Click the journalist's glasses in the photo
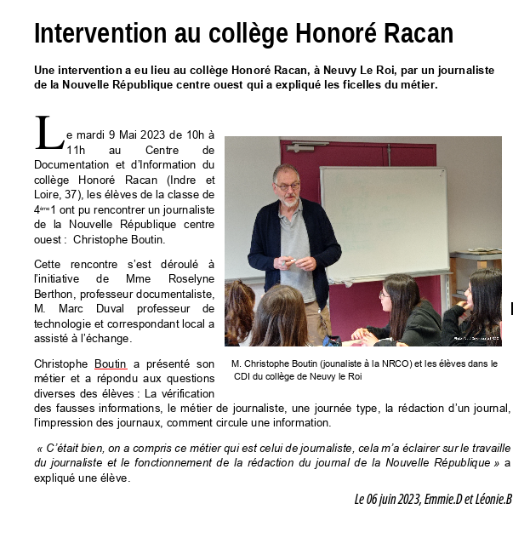(287, 185)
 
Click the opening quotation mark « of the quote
(40, 448)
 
